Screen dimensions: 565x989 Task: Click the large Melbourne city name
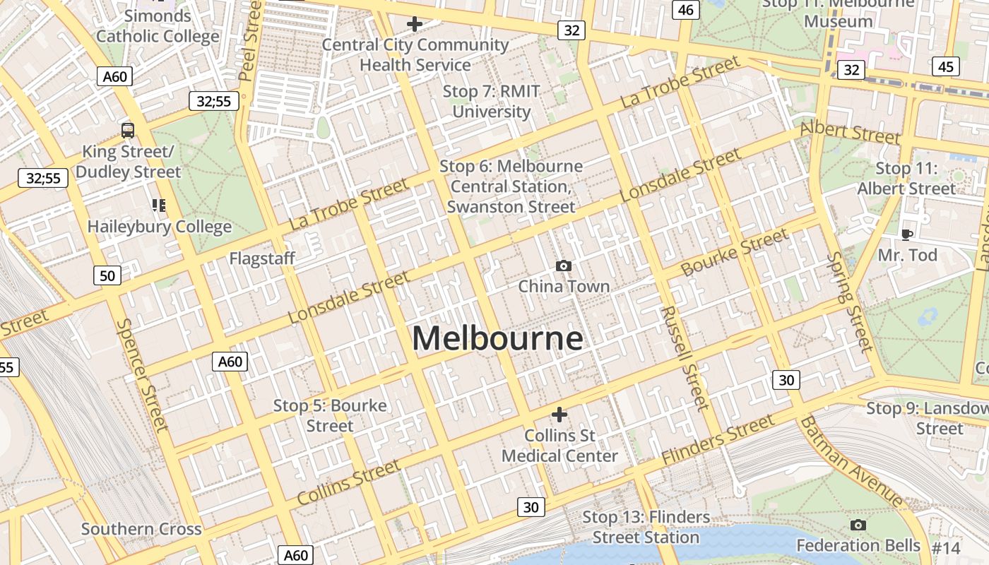coord(497,338)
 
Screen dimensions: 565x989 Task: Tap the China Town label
coord(564,286)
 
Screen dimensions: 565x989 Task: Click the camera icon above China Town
coord(563,266)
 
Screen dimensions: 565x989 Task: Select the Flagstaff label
coord(262,258)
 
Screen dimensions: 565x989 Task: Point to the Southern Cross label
coord(141,529)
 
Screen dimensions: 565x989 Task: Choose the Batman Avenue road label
coord(851,461)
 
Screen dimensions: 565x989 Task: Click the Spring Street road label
coord(850,301)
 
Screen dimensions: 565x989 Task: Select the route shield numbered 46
coord(685,9)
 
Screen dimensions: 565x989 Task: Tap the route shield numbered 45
coord(946,66)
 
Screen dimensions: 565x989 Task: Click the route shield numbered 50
coord(107,275)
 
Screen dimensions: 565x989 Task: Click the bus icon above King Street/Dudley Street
coord(128,130)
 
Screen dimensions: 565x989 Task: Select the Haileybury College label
coord(160,227)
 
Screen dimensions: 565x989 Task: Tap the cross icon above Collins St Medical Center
coord(559,414)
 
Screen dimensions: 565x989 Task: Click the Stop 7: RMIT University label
coord(492,101)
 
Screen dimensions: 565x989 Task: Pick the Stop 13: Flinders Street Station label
coord(646,527)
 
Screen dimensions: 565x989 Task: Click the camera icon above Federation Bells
coord(858,525)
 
